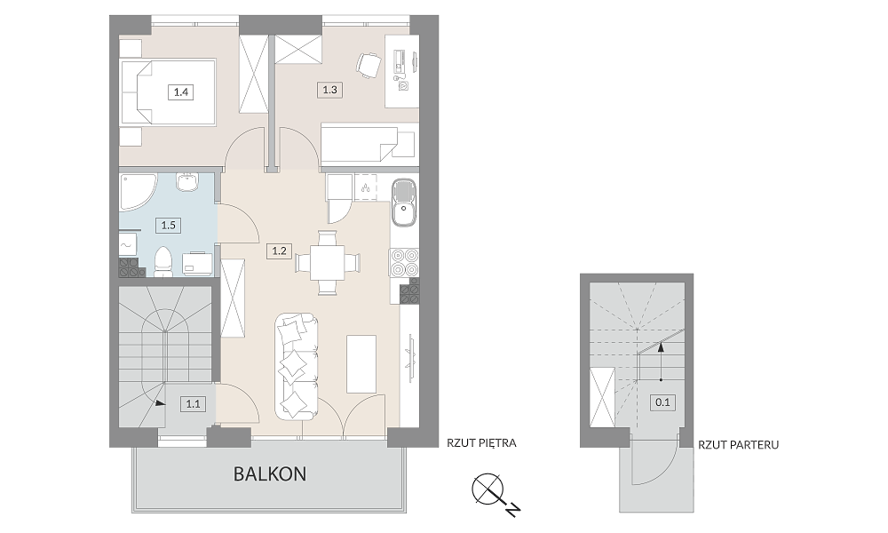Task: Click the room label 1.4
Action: (x=180, y=91)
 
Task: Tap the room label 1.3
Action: (x=329, y=90)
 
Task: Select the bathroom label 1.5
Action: (x=168, y=225)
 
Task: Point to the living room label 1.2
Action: (x=279, y=251)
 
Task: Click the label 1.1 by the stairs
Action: (x=193, y=404)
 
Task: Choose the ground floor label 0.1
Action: (x=662, y=402)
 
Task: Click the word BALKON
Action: (x=270, y=473)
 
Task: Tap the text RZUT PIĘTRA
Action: (x=481, y=443)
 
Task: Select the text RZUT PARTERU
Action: (x=738, y=445)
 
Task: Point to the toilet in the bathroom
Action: (x=163, y=262)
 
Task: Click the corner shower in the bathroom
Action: (x=138, y=192)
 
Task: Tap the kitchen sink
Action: (x=404, y=203)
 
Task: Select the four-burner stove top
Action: (x=404, y=263)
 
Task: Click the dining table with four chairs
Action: (x=328, y=263)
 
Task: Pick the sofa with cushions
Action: (x=297, y=367)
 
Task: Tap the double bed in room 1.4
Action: (x=168, y=91)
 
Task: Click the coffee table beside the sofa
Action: (x=361, y=363)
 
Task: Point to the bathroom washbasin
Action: (x=186, y=182)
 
